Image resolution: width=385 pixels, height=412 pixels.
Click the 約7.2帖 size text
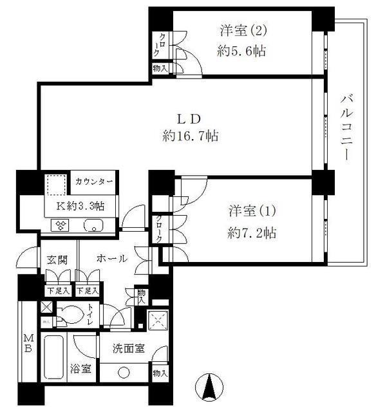(252, 232)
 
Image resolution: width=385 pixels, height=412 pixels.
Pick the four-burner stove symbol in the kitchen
(62, 225)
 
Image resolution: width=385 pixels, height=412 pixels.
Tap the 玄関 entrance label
(57, 259)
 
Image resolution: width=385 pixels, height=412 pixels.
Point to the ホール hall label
(111, 259)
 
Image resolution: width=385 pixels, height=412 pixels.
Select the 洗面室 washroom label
(128, 348)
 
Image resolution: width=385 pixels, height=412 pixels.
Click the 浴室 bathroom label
(80, 370)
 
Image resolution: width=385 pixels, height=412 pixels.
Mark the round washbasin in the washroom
(123, 372)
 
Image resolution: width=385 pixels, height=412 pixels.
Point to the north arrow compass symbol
(209, 388)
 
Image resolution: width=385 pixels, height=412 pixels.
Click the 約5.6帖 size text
(241, 51)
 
